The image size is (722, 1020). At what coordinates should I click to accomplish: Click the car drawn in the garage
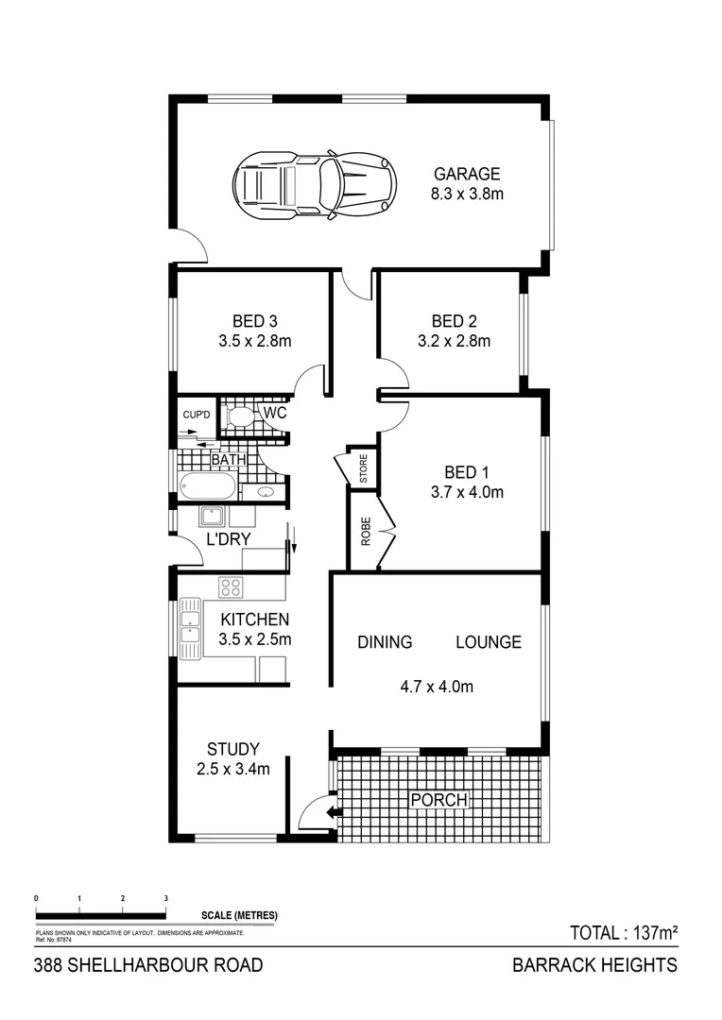[x=313, y=184]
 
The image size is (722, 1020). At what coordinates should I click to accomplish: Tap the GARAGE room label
[x=466, y=174]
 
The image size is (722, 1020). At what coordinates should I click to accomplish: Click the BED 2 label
[x=454, y=320]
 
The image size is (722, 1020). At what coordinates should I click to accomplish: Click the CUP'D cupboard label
[x=197, y=414]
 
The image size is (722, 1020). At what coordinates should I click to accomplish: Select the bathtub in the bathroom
[x=207, y=488]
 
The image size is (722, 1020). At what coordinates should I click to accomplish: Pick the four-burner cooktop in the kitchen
[x=231, y=587]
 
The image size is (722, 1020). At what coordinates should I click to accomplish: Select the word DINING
[x=385, y=642]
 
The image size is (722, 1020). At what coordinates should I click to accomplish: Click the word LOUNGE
[x=488, y=642]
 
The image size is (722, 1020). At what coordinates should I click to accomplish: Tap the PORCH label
[x=438, y=800]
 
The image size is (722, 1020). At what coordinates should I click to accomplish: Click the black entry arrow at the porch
[x=331, y=811]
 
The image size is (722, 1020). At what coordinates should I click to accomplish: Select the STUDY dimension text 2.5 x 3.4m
[x=233, y=769]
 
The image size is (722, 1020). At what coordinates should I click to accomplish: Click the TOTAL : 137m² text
[x=625, y=933]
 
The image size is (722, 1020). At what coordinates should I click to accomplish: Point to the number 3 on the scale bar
[x=166, y=898]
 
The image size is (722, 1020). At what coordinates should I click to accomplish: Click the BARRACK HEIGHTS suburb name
[x=594, y=964]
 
